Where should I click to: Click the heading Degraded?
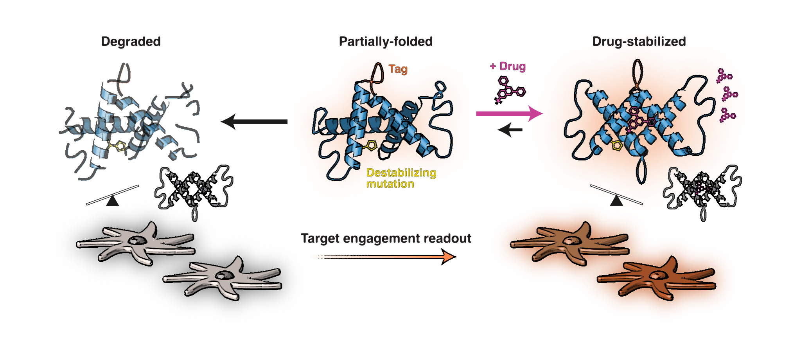click(x=131, y=41)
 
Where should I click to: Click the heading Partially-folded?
click(x=386, y=41)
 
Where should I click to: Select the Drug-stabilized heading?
click(x=639, y=41)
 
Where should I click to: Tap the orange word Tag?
click(x=398, y=69)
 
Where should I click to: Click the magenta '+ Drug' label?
click(x=508, y=67)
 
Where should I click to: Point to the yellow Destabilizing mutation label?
click(x=401, y=178)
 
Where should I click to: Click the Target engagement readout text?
click(x=386, y=238)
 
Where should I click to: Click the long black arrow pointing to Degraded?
click(x=254, y=122)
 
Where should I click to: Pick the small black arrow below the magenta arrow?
click(x=510, y=130)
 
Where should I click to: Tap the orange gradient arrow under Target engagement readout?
click(x=391, y=257)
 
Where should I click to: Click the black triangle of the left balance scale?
click(x=113, y=201)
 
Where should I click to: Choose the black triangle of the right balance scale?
click(x=617, y=201)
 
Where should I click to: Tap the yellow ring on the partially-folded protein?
click(x=371, y=146)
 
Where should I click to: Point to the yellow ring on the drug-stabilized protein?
click(x=617, y=146)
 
